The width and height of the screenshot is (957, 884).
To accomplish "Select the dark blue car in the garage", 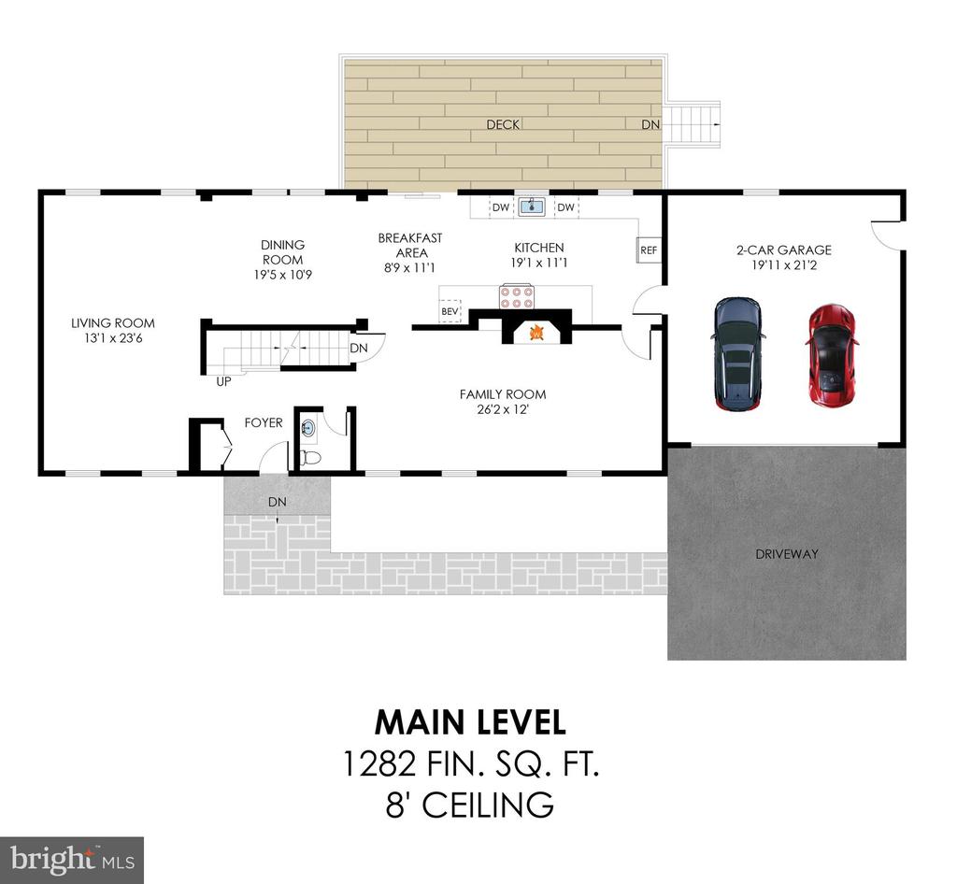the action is coord(738,353).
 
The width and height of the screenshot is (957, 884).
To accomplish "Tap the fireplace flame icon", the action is coord(536,333).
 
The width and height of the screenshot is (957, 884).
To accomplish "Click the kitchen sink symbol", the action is coord(533,207).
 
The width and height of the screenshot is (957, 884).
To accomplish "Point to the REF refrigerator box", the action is coord(649,250).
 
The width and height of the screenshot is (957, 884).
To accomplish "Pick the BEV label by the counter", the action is coord(450,312).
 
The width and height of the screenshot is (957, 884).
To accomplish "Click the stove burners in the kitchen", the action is coord(516,296).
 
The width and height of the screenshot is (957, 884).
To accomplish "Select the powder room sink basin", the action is coord(308,428).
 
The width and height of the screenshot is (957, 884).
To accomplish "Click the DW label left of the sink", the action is coord(501,207).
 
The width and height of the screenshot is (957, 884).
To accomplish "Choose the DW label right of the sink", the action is coord(565,207).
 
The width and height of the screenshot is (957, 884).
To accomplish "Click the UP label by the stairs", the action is coord(224,382).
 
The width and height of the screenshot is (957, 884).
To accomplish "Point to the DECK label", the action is coord(503,124).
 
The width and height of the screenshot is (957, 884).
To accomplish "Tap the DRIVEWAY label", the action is coord(787,554).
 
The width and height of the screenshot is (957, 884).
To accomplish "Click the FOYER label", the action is coord(264,422).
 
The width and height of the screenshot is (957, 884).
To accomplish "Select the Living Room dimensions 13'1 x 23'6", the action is coord(113,338).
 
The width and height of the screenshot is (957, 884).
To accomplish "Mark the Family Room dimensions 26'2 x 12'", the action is coord(503,409).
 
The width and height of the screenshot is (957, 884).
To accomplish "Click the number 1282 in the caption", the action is coord(379,763).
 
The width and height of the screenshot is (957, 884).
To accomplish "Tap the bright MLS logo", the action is coord(72,861).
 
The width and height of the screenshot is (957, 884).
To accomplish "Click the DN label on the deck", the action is coord(650,124).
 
